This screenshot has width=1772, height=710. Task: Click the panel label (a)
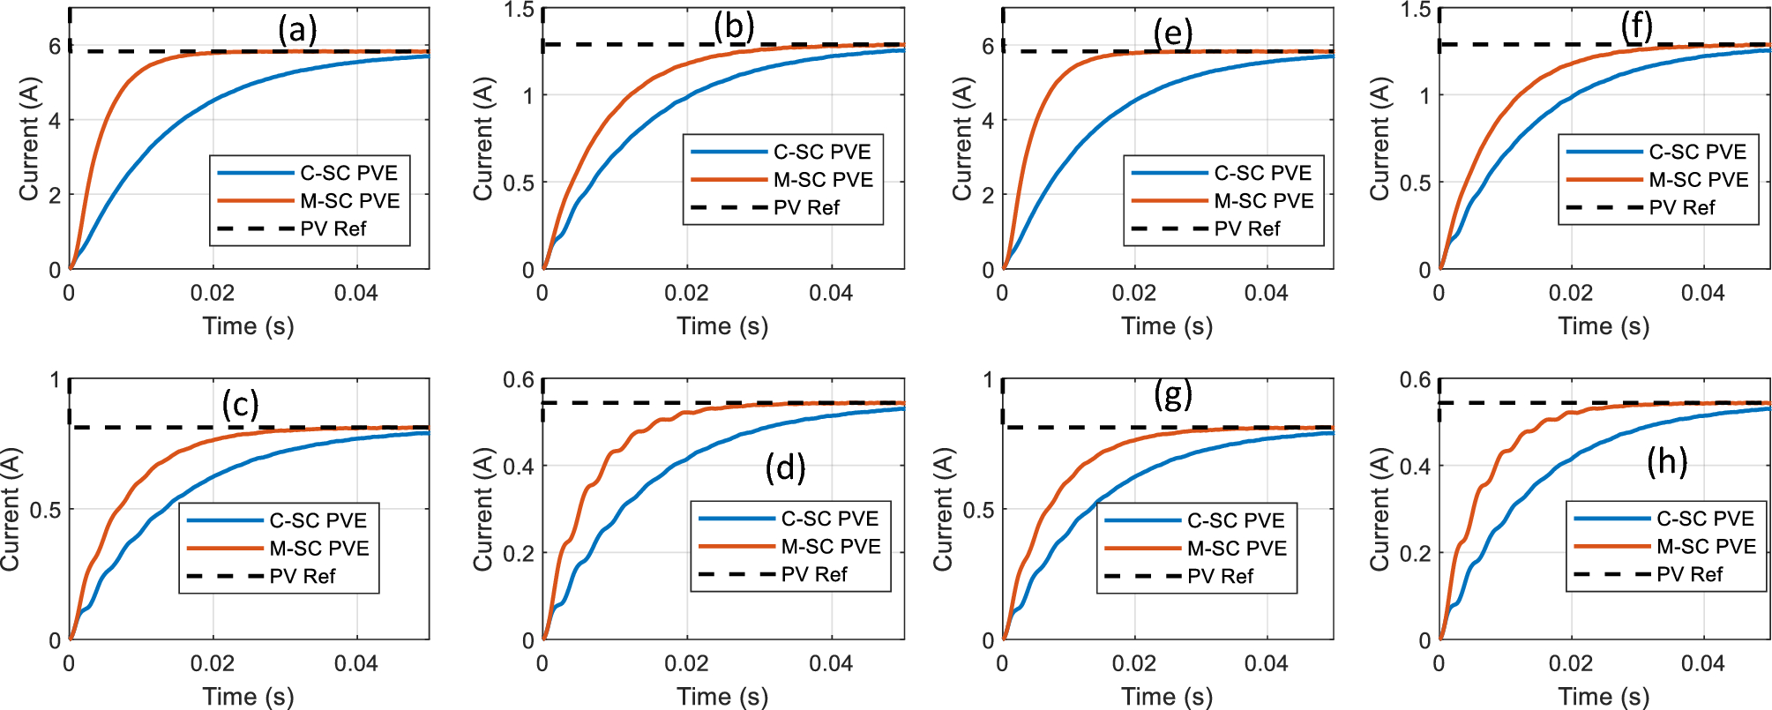pyautogui.click(x=297, y=30)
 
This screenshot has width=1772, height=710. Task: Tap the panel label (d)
pyautogui.click(x=785, y=467)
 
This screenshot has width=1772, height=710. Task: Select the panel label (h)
pyautogui.click(x=1667, y=460)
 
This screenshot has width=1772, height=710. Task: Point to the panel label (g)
pyautogui.click(x=1173, y=394)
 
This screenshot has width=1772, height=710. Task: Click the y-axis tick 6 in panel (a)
pyautogui.click(x=55, y=46)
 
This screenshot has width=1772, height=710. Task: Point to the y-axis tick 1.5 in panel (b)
pyautogui.click(x=519, y=10)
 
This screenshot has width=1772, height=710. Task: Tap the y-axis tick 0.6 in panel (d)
pyautogui.click(x=519, y=380)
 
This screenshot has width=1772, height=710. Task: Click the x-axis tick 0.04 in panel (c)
pyautogui.click(x=355, y=664)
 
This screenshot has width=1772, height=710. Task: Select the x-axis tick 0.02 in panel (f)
pyautogui.click(x=1570, y=293)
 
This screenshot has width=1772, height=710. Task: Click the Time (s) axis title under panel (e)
pyautogui.click(x=1167, y=326)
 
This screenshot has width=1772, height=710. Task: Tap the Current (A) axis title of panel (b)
pyautogui.click(x=483, y=139)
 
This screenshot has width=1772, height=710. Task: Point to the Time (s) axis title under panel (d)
pyautogui.click(x=722, y=697)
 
